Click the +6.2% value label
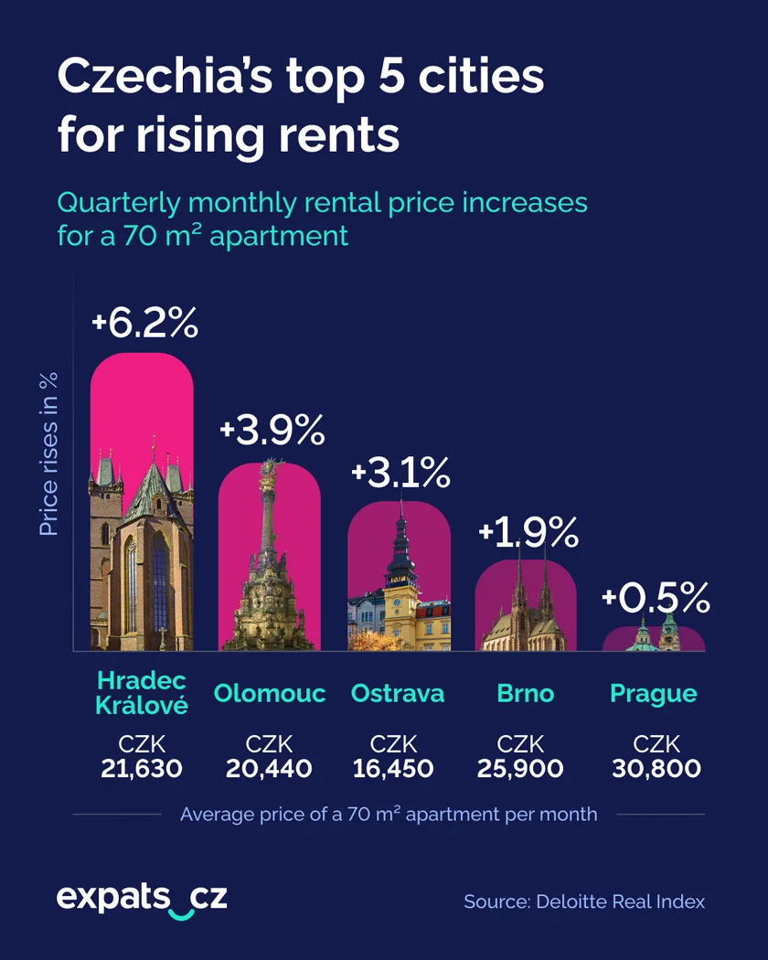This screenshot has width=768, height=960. pos(144,325)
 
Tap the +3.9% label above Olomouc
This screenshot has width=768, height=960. pos(272,431)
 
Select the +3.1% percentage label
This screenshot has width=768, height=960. pos(400,473)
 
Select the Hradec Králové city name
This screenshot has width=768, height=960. pos(142,693)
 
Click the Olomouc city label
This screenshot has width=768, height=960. pos(270,694)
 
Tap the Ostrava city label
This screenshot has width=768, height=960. pos(398,694)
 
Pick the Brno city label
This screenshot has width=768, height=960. pos(526,694)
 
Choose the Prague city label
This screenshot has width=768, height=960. pos(654,694)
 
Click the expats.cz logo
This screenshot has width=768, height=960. pos(142,899)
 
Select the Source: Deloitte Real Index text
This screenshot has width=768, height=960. pos(584,901)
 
